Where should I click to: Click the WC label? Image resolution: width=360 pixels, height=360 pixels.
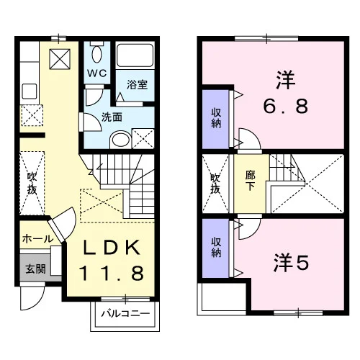click(x=96, y=73)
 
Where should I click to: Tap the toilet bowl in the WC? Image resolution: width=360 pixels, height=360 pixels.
click(x=96, y=54)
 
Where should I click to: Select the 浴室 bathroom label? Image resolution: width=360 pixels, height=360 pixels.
click(x=137, y=84)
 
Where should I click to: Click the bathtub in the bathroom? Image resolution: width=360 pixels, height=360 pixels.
click(x=135, y=55)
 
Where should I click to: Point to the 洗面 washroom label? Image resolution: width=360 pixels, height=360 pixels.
click(x=112, y=117)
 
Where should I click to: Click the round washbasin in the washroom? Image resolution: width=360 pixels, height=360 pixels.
click(x=120, y=140)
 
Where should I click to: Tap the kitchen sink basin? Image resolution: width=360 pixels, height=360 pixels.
click(x=30, y=91)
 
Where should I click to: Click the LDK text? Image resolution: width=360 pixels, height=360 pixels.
click(x=112, y=248)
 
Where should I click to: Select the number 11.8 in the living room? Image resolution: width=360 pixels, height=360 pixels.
click(x=112, y=273)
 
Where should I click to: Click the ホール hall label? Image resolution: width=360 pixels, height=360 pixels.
click(x=37, y=239)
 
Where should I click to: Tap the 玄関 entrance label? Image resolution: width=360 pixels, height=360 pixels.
click(x=35, y=269)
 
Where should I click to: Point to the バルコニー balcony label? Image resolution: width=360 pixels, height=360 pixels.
click(x=125, y=314)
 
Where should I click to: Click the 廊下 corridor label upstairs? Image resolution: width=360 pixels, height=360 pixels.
click(x=250, y=181)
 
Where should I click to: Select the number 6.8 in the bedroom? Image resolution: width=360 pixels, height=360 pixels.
click(x=286, y=107)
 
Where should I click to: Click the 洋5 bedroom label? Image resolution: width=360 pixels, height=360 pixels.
click(x=291, y=263)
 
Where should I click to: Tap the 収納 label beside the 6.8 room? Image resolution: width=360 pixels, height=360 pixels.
click(x=216, y=118)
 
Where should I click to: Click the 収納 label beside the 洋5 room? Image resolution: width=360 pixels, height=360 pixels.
click(x=216, y=248)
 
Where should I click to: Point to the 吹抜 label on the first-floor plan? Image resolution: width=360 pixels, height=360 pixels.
click(x=32, y=183)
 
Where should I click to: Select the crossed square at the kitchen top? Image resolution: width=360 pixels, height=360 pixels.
click(x=60, y=59)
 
